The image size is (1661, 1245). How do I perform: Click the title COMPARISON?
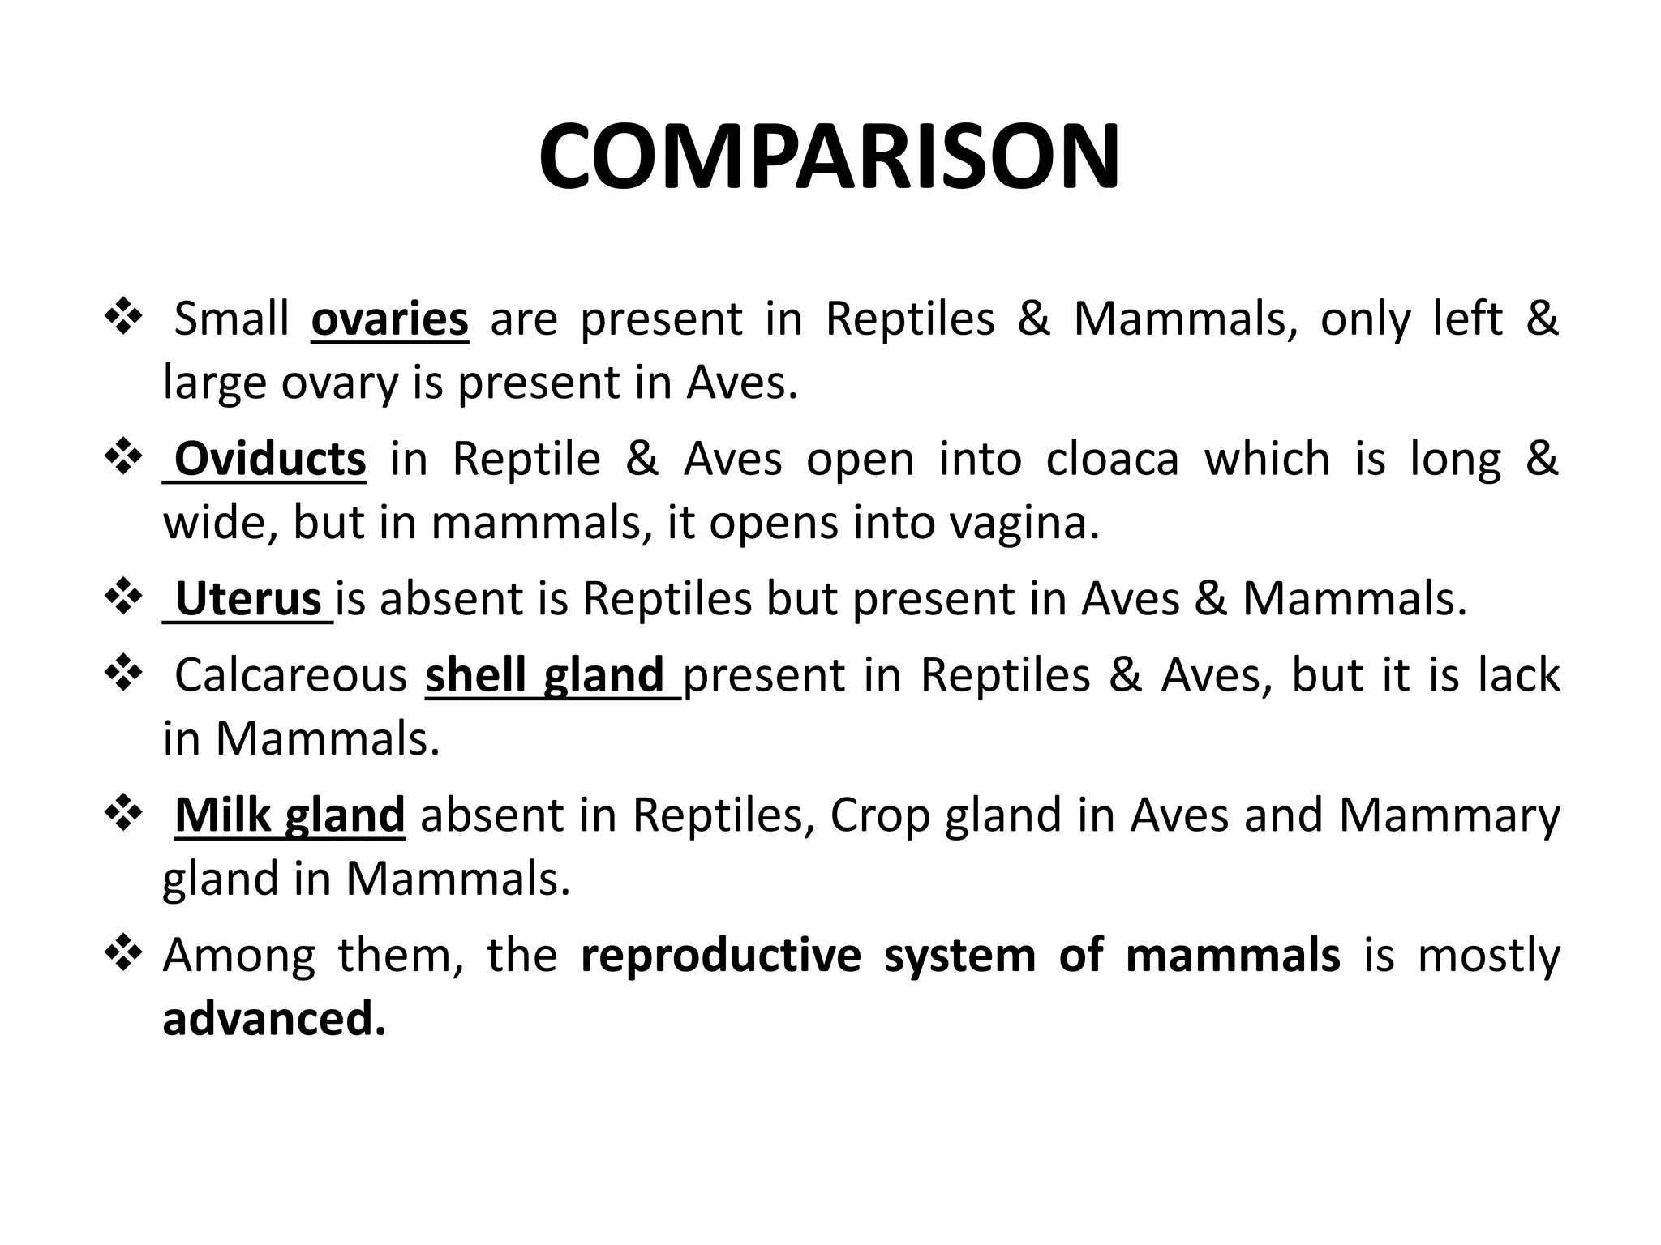point(829,157)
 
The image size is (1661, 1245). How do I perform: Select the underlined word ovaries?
point(389,319)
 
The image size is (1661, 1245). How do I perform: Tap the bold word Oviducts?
point(270,459)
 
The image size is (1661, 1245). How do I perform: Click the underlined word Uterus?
point(248,599)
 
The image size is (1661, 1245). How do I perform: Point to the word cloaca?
point(1112,459)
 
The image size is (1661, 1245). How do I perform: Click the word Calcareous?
point(290,675)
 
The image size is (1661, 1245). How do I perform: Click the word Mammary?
point(1449,815)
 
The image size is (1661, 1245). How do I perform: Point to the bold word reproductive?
point(720,955)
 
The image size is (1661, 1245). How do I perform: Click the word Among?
point(238,955)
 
